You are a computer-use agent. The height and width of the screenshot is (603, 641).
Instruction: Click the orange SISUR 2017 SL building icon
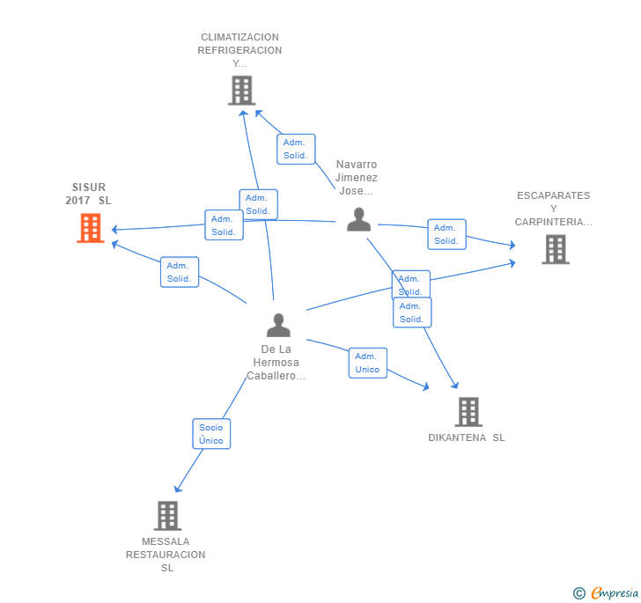[90, 228]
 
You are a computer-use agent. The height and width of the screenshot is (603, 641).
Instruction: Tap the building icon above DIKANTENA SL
[468, 411]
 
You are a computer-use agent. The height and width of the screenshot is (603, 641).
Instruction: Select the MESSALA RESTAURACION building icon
[167, 515]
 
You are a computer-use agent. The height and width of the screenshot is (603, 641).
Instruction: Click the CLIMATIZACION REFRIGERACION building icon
[241, 90]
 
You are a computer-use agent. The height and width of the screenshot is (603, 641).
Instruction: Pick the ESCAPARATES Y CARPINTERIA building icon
[555, 249]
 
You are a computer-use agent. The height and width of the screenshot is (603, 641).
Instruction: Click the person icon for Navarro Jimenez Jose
[358, 219]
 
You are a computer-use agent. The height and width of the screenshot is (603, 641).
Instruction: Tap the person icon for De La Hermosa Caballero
[278, 325]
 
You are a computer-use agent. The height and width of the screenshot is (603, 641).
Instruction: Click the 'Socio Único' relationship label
[211, 434]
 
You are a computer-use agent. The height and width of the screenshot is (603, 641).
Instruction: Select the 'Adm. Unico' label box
[367, 363]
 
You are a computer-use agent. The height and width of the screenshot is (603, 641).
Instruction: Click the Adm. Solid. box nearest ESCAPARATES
[446, 234]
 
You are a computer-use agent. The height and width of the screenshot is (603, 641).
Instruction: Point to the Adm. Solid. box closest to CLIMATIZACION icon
[295, 149]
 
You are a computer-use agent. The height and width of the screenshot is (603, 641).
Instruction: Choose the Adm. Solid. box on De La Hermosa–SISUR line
[180, 272]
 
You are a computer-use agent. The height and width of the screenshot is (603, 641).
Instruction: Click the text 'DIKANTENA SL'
[467, 438]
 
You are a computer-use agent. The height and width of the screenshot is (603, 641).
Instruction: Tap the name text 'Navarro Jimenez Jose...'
[357, 178]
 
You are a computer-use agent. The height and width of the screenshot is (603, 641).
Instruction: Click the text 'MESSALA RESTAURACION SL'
[166, 555]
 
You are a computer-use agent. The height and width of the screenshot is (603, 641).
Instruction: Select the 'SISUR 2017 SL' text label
[89, 194]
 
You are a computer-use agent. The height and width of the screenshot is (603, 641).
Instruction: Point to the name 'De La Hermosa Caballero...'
[276, 363]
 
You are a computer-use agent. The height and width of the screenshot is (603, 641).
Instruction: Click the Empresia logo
[614, 593]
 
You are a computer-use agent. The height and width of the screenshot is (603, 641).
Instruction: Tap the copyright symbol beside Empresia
[579, 594]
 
